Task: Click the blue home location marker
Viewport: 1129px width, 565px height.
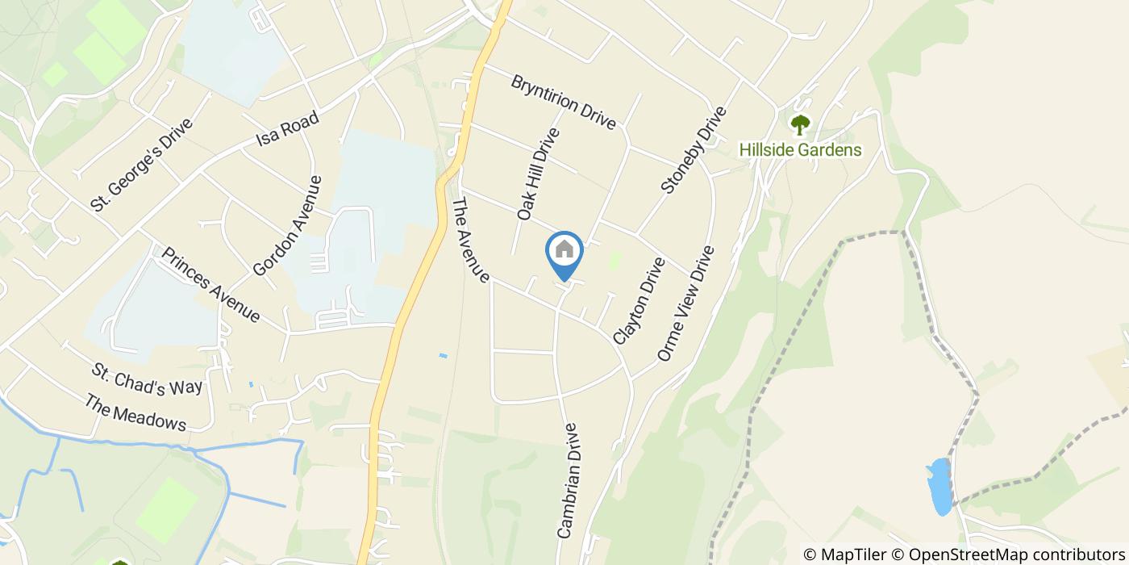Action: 564,252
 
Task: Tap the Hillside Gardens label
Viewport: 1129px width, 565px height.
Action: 800,150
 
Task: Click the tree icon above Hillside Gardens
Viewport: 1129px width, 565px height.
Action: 800,125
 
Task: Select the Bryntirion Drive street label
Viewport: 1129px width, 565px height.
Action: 564,103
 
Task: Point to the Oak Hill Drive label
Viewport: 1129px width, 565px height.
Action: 538,174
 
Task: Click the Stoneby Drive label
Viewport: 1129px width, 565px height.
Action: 694,151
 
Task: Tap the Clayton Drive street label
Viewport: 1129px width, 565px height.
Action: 639,301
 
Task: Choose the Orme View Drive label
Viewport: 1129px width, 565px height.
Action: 686,303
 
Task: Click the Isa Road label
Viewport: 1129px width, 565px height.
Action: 287,128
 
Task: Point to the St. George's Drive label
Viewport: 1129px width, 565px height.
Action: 142,165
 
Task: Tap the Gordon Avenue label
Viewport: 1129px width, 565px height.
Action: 287,226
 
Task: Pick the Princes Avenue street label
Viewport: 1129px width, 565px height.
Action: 210,285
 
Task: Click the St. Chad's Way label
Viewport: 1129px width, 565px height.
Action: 147,380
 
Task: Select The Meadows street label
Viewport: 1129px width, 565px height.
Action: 135,412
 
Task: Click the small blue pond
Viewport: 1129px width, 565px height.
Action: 939,487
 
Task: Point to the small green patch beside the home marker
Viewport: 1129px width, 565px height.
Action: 615,261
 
